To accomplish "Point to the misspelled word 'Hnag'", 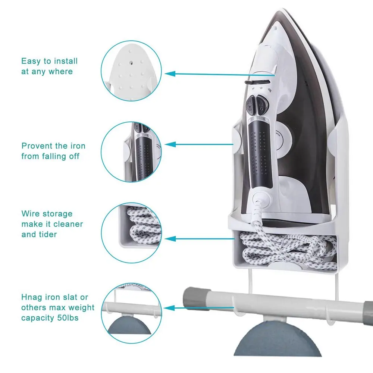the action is coord(32,297).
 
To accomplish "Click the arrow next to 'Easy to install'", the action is coord(220,74).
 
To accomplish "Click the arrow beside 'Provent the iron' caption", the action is coord(198,144).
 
